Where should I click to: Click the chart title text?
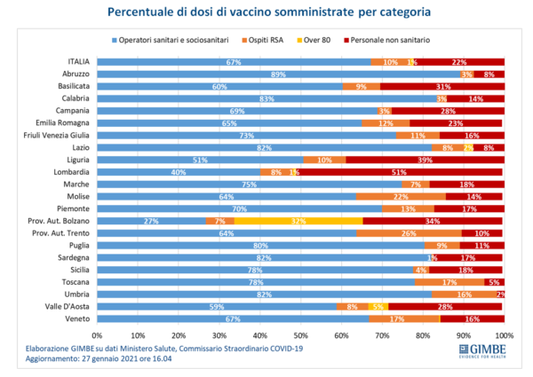point(266,13)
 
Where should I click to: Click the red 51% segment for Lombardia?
point(400,171)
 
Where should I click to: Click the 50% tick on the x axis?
point(301,335)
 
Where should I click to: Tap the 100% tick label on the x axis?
point(504,335)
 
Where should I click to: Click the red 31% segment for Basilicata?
point(442,86)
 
